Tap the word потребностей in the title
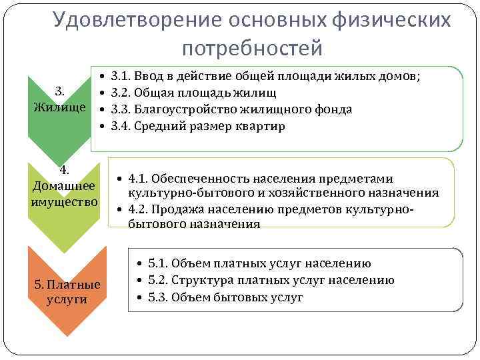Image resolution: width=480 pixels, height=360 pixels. point(251,48)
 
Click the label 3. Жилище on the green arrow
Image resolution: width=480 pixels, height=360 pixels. point(59,99)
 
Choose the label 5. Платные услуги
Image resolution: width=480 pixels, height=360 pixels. point(67,292)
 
